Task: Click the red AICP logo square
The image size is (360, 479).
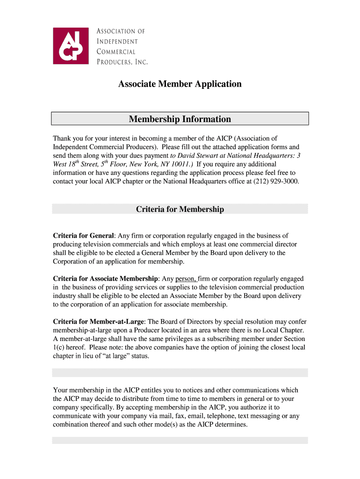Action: [x=70, y=45]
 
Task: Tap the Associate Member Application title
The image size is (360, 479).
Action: [x=180, y=84]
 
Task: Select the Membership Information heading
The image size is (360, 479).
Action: [x=180, y=119]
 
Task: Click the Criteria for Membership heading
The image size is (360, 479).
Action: [x=180, y=209]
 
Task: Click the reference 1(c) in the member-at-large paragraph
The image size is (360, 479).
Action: [x=59, y=348]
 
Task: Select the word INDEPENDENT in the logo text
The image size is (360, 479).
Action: [x=117, y=42]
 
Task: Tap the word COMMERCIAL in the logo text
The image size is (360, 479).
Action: [x=116, y=51]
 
